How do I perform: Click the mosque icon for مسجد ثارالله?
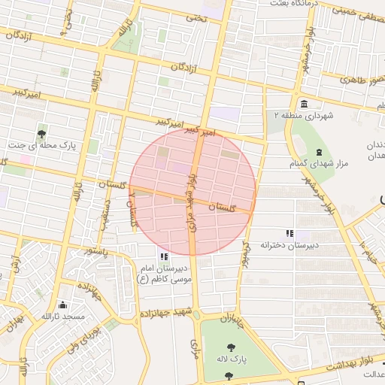(62, 305)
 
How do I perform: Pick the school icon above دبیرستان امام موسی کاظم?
(164, 257)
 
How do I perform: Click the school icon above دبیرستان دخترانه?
(290, 234)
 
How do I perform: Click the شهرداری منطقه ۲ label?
(304, 116)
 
